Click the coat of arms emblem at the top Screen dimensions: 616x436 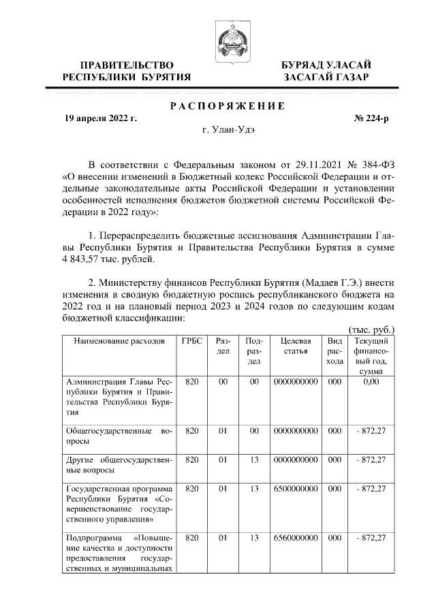pyautogui.click(x=227, y=39)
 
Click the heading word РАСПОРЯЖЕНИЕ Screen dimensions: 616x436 pyautogui.click(x=227, y=106)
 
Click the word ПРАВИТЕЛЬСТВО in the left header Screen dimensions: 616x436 pyautogui.click(x=123, y=65)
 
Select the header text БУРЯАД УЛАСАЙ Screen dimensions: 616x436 pyautogui.click(x=327, y=65)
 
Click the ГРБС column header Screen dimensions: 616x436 pyautogui.click(x=192, y=340)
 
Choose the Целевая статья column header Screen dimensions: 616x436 pyautogui.click(x=296, y=346)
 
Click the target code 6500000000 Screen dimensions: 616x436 pyautogui.click(x=296, y=489)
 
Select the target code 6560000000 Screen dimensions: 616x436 pyautogui.click(x=296, y=538)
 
